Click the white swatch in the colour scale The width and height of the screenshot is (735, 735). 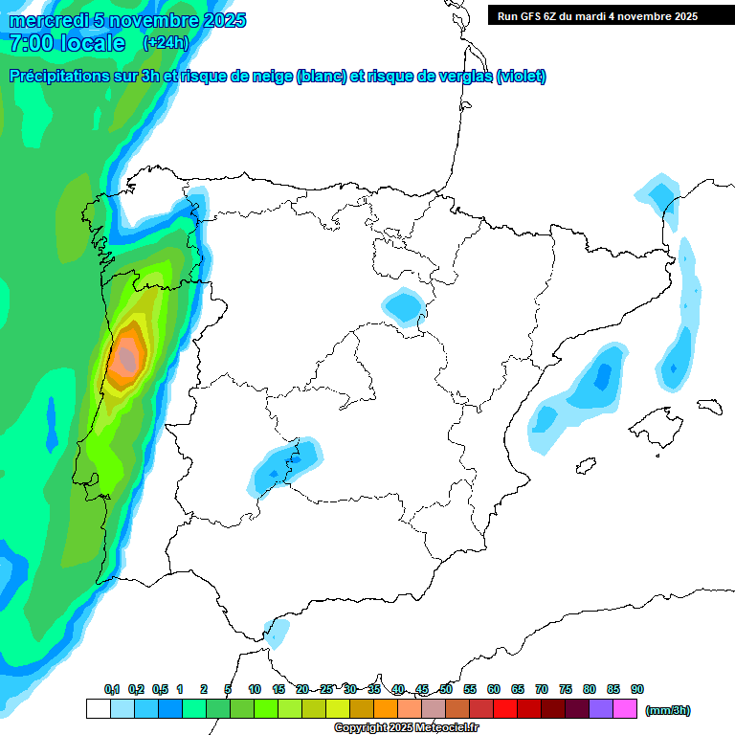pos(98,709)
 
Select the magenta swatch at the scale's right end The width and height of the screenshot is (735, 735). pos(625,709)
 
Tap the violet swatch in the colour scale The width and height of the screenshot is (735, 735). pos(601,709)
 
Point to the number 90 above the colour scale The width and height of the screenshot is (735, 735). pos(637,689)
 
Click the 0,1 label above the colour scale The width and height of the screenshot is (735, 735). pos(111,689)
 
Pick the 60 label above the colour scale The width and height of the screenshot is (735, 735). pos(494,689)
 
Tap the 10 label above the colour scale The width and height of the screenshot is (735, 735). pos(255,689)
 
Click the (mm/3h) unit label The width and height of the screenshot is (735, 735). pos(667,710)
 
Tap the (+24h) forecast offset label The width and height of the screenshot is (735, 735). pos(166,43)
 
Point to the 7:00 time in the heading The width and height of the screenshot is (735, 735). pos(30,43)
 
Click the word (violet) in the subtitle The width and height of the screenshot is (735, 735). pos(521,77)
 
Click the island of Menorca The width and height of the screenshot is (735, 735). pos(709,407)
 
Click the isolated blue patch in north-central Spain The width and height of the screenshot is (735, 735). pos(403,307)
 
